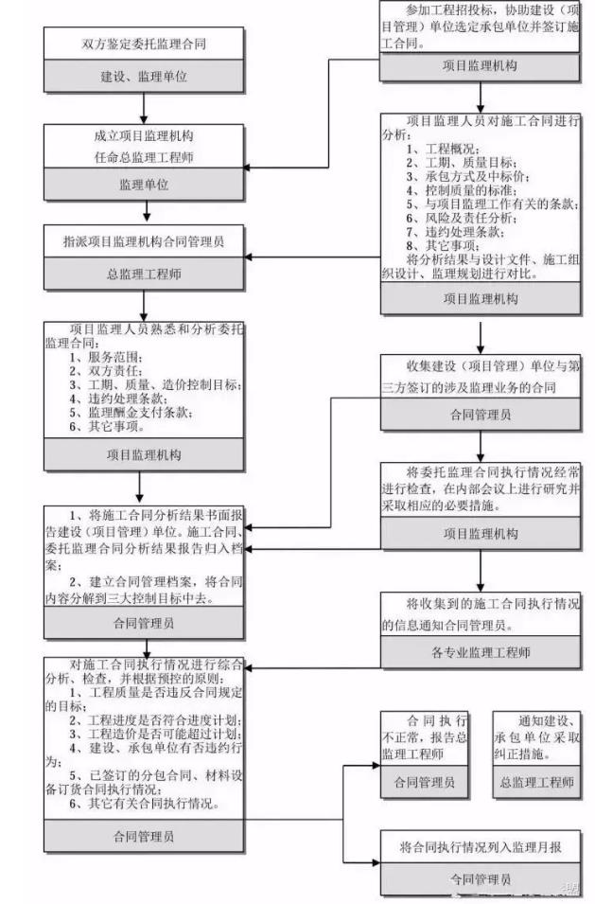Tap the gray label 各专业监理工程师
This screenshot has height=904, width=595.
point(481,652)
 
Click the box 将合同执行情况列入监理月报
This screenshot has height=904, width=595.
point(481,847)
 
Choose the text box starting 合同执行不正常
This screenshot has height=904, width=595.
point(424,737)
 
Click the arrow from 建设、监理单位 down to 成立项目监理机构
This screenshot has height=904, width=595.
point(142,106)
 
